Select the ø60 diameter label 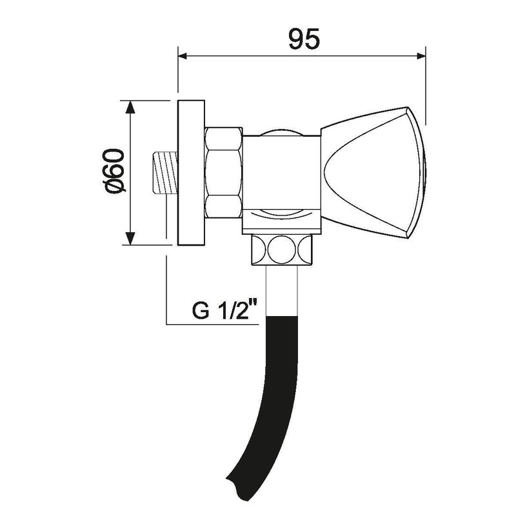(114, 171)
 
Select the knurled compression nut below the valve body (282, 249)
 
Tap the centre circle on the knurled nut (282, 249)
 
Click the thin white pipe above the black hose (282, 289)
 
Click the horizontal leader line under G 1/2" (213, 323)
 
